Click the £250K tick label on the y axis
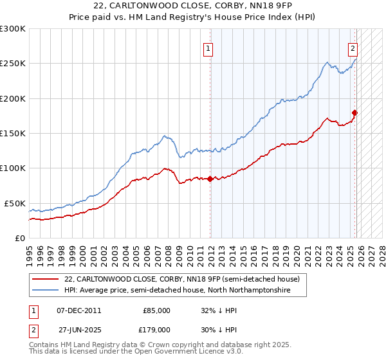point(13,64)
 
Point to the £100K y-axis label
point(13,168)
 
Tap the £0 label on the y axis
point(19,238)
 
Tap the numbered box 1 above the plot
point(210,48)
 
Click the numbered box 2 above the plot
point(353,48)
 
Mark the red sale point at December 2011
point(210,179)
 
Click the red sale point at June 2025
point(355,113)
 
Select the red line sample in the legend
point(45,279)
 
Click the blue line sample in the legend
point(45,291)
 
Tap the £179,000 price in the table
point(156,328)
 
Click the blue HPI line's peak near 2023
point(327,62)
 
